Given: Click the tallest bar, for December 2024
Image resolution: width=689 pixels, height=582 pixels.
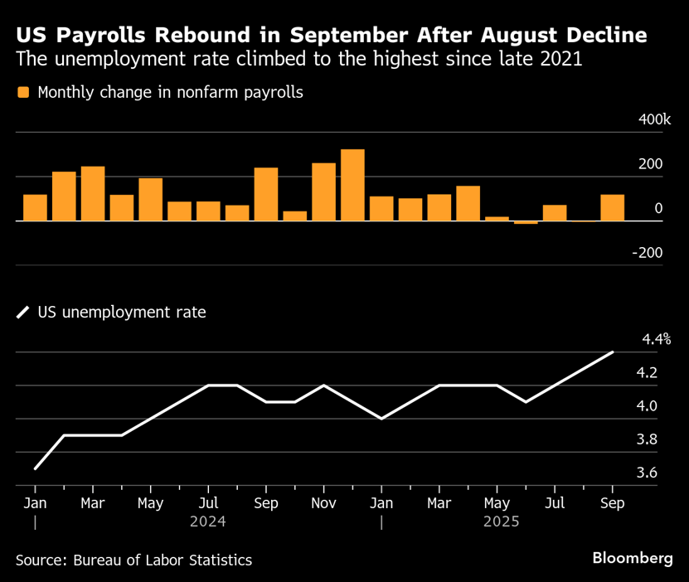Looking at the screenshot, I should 352,185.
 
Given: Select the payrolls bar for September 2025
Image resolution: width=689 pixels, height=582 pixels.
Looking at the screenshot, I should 613,208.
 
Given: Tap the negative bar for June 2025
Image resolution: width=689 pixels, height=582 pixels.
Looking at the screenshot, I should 526,222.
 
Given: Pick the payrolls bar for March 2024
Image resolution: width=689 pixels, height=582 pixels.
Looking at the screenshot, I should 93,194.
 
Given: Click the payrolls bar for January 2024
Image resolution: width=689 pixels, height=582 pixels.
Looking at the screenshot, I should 35,208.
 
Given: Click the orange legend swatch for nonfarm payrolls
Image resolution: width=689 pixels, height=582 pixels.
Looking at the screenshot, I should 22,92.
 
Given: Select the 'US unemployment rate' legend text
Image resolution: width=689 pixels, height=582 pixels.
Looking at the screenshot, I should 122,313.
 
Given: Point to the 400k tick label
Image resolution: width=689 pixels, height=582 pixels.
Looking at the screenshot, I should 654,121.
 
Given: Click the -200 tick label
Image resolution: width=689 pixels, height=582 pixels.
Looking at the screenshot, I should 647,253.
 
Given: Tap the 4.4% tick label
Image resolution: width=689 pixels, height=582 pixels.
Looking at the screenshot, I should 655,339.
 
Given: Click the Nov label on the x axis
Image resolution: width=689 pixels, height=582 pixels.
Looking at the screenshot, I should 323,503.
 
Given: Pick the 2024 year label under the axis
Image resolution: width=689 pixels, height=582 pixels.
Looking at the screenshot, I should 207,522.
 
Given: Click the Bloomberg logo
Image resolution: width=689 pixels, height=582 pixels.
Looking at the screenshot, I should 633,558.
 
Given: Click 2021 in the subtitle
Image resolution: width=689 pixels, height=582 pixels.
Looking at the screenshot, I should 560,60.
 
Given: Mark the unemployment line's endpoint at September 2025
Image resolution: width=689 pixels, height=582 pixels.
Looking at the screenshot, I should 613,352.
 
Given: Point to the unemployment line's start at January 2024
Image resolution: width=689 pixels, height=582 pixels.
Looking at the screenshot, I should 35,469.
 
